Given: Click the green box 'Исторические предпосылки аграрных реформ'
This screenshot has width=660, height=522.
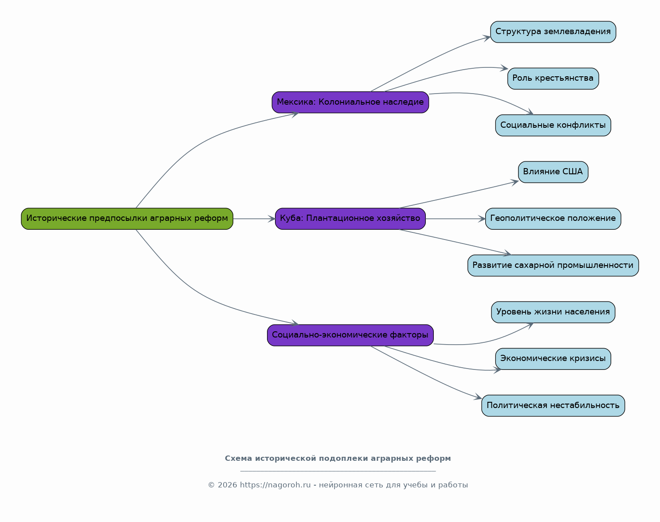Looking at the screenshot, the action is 127,219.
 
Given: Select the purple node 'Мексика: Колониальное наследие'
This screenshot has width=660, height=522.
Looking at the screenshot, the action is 350,102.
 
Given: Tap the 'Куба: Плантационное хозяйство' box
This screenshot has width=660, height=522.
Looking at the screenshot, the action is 350,219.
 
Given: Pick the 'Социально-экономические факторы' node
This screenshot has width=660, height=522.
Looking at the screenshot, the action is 350,335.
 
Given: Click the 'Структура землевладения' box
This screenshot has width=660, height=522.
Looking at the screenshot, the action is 553,32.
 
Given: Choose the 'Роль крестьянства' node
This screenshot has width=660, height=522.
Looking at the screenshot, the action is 553,78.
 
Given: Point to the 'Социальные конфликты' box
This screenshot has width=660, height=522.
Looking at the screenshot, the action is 553,126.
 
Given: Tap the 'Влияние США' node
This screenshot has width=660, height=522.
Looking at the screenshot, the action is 553,172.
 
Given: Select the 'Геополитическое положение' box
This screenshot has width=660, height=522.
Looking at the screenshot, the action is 553,219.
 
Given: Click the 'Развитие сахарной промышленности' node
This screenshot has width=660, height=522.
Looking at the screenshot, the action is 553,266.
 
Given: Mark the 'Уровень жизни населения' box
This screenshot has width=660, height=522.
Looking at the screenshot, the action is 553,312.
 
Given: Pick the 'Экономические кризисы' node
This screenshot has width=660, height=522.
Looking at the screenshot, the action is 553,359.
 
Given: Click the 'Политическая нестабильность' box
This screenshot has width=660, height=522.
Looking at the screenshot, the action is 553,406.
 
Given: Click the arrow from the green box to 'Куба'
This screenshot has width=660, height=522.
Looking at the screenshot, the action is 254,219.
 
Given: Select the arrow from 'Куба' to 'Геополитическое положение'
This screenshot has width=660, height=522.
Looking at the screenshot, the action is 456,219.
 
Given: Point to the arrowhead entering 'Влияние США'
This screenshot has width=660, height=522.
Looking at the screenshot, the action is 515,182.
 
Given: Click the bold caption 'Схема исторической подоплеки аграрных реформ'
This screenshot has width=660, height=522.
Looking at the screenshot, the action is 338,459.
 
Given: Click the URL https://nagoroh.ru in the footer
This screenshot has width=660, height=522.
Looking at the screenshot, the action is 275,485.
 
